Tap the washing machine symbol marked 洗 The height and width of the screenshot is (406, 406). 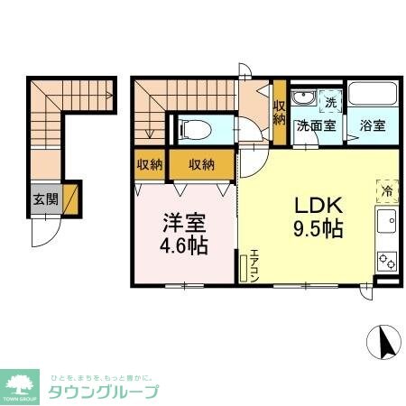click(330, 102)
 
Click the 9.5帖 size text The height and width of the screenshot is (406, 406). click(316, 228)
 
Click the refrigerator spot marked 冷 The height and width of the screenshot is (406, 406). click(385, 190)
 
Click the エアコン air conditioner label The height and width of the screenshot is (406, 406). click(255, 264)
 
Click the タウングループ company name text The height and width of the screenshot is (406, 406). click(103, 392)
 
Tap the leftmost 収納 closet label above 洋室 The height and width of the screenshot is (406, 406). click(150, 164)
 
